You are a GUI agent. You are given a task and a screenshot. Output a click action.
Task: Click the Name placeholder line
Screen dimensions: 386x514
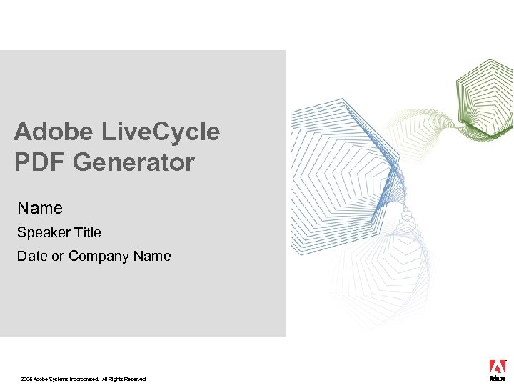[x=40, y=208]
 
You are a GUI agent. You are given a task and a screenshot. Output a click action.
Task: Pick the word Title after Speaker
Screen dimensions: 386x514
[x=86, y=232]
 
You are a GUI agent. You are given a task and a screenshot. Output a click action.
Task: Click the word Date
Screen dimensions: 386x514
[x=32, y=256]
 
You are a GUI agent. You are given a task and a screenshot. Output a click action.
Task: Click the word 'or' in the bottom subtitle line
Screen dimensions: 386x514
[x=58, y=256]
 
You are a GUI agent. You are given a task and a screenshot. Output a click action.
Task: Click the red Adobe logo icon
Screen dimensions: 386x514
[x=498, y=366]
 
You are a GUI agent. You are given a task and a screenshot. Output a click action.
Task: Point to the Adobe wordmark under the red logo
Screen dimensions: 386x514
[x=498, y=379]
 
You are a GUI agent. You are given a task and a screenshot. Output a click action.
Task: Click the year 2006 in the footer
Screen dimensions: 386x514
[x=26, y=379]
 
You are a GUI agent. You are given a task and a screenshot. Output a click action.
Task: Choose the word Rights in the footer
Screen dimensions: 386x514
[x=115, y=379]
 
